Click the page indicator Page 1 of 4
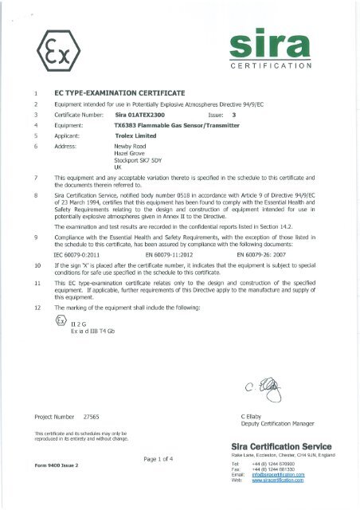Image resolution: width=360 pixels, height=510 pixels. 165,457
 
